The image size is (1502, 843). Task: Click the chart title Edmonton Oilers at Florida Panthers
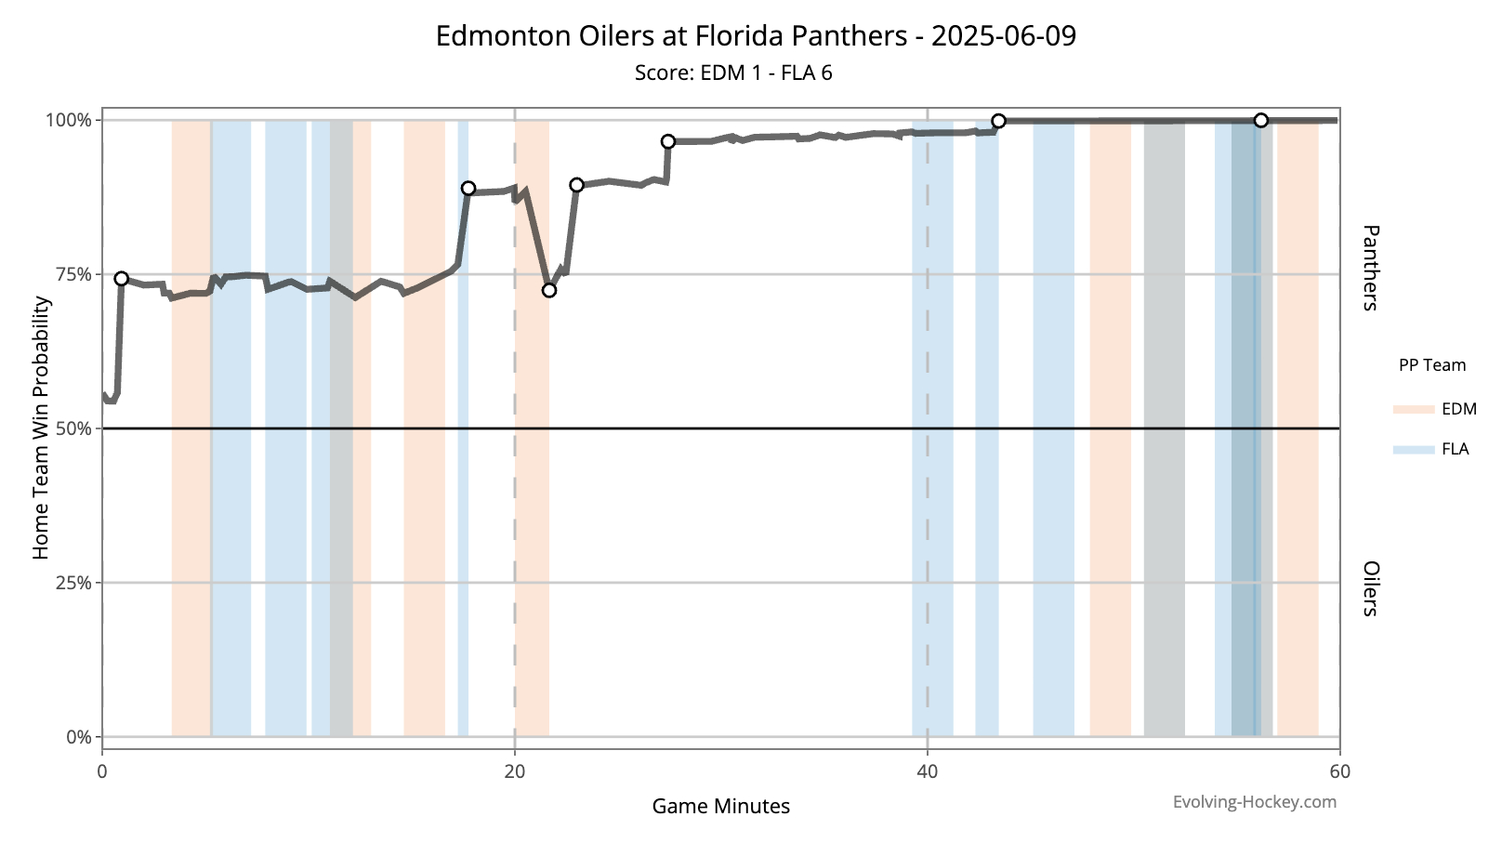755,36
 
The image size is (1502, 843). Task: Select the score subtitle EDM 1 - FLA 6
733,72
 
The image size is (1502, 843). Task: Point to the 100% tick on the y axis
70,120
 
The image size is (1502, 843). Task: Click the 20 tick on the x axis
515,771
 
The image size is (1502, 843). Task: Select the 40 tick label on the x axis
928,771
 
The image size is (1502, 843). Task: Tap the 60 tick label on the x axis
1339,771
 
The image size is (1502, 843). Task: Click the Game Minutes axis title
720,806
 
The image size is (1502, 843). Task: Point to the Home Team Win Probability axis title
41,428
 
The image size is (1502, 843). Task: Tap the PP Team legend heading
1431,365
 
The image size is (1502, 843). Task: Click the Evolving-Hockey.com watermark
1254,801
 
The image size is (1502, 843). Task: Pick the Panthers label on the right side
1370,268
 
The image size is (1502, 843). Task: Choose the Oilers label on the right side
1370,588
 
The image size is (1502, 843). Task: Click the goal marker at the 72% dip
549,290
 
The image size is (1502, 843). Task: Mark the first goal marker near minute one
121,279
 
